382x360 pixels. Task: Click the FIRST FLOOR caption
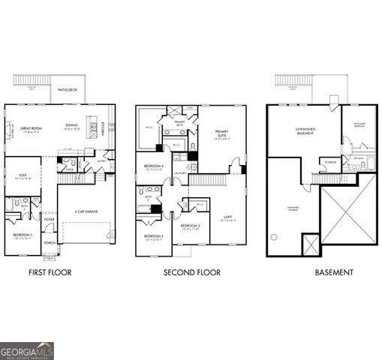[50, 272]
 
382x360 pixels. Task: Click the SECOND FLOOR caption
[191, 272]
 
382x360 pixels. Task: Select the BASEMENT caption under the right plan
[333, 272]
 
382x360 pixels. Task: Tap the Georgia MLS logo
[27, 350]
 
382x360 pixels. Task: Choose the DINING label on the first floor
[71, 125]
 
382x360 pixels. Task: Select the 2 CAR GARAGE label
[85, 211]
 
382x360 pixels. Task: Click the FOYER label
[50, 220]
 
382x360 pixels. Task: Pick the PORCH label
[50, 243]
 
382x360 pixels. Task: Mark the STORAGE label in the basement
[329, 161]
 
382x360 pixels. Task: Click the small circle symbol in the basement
[274, 237]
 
